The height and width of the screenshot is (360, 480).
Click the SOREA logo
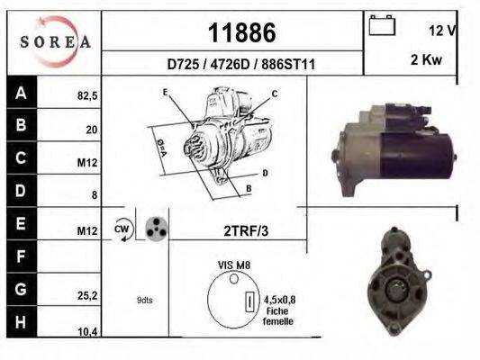[x=55, y=41]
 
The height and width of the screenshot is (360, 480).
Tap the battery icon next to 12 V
[x=383, y=28]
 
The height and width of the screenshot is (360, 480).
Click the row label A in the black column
[x=21, y=92]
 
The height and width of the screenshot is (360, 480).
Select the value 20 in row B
[x=91, y=130]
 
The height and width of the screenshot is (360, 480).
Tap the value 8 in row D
[x=95, y=194]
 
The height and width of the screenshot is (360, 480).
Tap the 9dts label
[x=144, y=300]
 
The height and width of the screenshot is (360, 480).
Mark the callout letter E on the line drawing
[x=165, y=93]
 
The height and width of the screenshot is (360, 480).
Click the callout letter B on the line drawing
[x=248, y=189]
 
